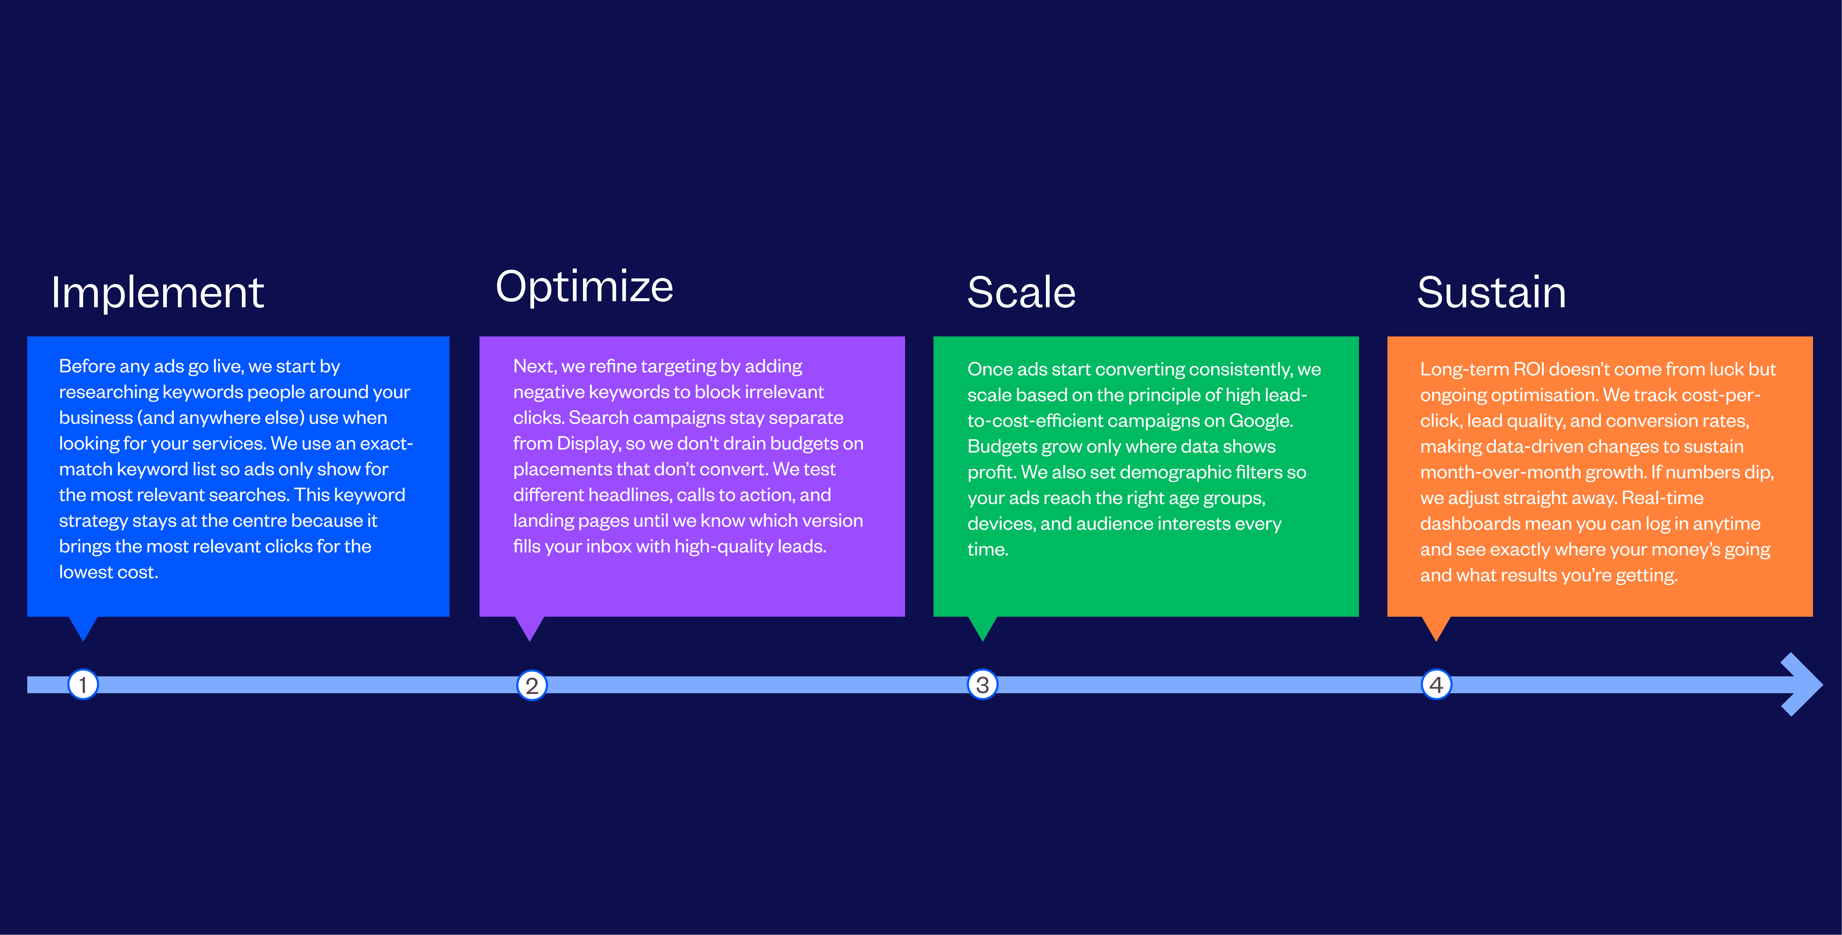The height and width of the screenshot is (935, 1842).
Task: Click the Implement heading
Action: (157, 293)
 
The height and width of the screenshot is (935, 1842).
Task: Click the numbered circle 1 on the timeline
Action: (83, 685)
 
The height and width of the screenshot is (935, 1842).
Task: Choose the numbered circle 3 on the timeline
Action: (982, 685)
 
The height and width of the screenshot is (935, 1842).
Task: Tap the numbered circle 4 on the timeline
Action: (1436, 685)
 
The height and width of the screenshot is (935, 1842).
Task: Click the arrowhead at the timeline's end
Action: (1802, 684)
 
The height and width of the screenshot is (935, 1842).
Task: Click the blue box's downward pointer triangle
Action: (83, 626)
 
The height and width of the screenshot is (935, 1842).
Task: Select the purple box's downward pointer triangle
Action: (530, 626)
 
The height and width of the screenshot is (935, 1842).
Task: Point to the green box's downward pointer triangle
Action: (982, 626)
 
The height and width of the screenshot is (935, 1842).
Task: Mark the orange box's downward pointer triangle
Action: (1436, 626)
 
